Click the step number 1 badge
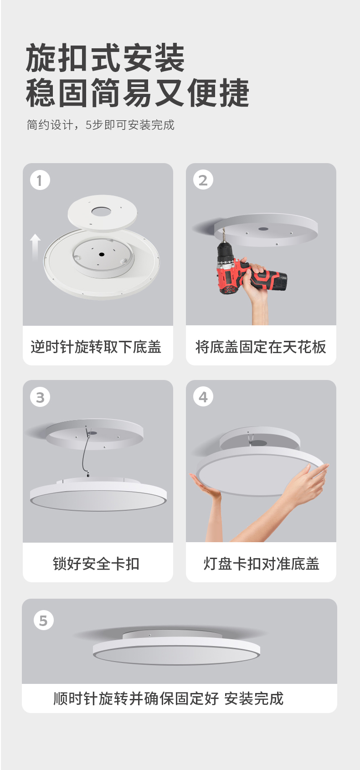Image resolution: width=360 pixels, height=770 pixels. coord(40,180)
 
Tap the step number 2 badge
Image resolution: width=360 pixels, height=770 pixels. coord(203,180)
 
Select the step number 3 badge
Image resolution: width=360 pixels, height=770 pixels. coord(40,397)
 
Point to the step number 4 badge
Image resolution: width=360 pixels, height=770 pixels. coord(203,397)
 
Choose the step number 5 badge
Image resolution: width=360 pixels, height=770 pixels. coord(43,620)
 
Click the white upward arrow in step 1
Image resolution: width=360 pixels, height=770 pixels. coord(35,247)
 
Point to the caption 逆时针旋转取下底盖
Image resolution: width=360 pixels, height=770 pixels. coord(96,347)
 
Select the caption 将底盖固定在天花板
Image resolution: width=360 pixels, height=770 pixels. coord(261,347)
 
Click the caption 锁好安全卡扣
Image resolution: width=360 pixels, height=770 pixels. coord(96,564)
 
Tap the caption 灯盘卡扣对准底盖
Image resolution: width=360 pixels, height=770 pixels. coord(261,564)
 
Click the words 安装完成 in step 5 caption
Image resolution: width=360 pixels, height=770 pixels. coord(254,698)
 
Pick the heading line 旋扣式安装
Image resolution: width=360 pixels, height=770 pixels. coord(105,58)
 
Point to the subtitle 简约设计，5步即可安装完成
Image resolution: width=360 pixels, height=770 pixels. coord(100,125)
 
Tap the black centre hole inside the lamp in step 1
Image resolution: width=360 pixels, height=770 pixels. coord(102,254)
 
